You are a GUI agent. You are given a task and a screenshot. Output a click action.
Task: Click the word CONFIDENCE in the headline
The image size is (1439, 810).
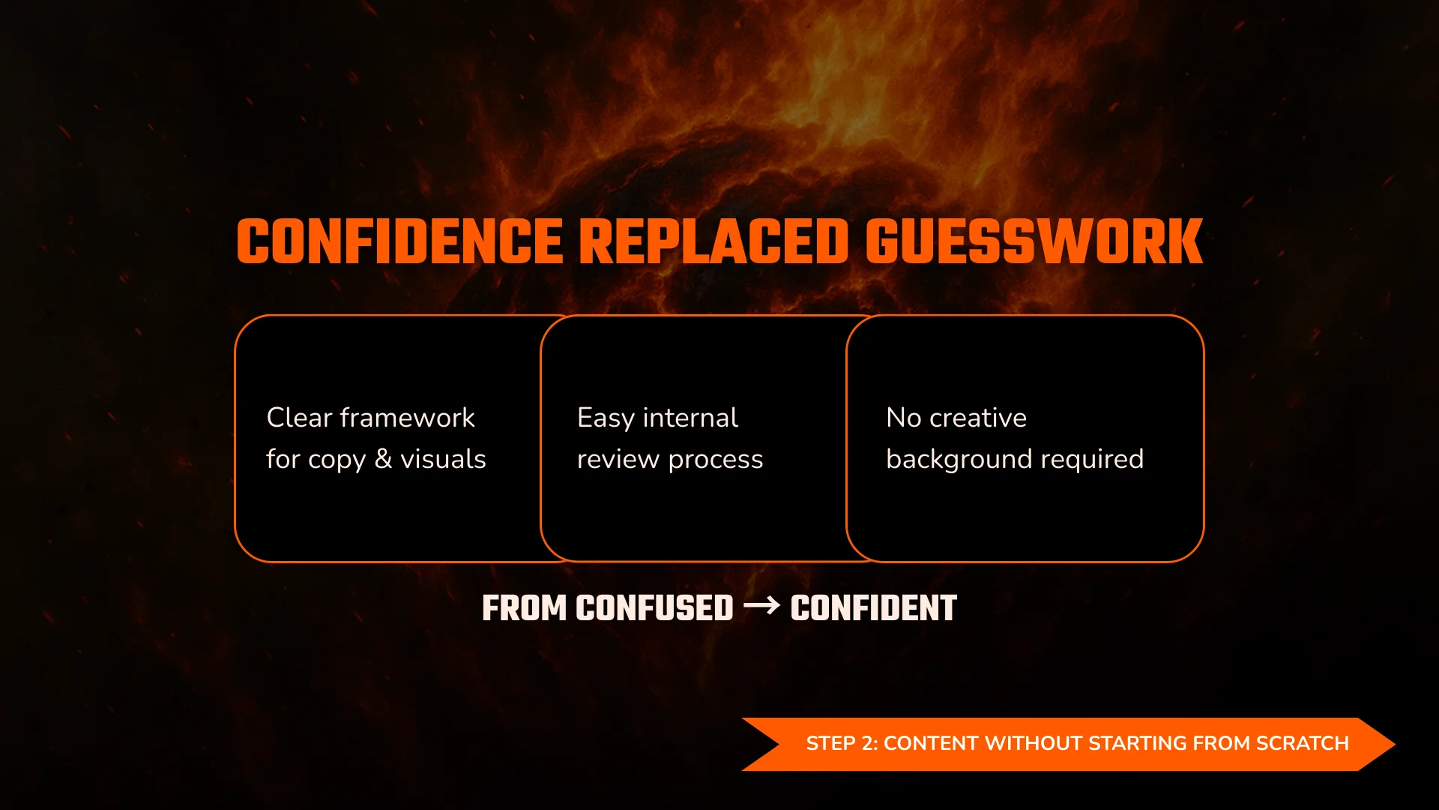(399, 242)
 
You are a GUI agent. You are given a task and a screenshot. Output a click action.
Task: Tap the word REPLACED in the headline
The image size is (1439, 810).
(714, 242)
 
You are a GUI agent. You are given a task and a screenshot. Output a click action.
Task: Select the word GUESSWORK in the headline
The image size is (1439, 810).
(1034, 242)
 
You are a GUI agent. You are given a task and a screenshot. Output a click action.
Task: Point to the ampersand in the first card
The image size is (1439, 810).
(383, 459)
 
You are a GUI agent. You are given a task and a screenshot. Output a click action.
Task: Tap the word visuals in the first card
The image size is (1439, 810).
(443, 459)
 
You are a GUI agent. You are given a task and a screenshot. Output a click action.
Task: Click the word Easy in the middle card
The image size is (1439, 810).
(606, 418)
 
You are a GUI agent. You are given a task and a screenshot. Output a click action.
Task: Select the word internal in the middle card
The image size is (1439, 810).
(690, 418)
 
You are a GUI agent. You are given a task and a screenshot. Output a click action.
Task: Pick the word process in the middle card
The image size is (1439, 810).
(716, 460)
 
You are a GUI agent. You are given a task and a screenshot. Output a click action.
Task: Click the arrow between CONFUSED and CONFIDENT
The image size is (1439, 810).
(761, 605)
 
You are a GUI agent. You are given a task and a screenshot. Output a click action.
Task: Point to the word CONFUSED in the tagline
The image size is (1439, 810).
(654, 608)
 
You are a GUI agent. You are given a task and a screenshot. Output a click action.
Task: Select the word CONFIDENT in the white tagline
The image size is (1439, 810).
(873, 608)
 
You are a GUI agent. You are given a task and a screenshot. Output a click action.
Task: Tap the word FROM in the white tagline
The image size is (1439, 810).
(524, 608)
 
